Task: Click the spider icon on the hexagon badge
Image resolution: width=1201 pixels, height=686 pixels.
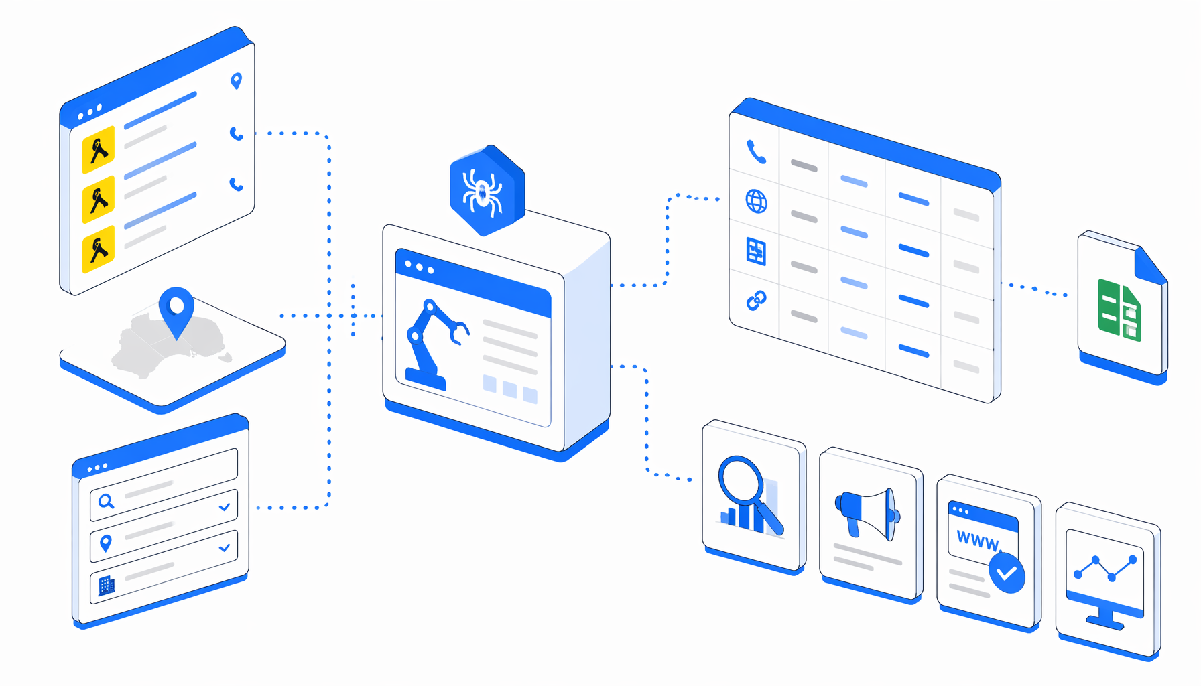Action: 483,193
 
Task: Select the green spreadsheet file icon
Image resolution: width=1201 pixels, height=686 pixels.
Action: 1119,311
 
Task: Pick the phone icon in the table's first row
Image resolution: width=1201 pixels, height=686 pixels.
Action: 756,152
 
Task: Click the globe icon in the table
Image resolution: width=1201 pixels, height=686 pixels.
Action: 757,201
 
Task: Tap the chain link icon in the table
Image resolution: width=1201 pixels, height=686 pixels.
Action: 757,301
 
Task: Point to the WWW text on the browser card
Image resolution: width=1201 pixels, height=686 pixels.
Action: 978,541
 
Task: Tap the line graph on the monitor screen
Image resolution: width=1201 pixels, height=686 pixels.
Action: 1105,568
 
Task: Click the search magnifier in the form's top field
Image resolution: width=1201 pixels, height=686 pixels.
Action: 106,501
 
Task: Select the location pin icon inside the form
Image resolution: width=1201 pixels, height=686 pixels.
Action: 105,543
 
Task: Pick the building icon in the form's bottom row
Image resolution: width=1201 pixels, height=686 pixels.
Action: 107,586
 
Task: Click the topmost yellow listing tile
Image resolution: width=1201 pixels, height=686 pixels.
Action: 99,148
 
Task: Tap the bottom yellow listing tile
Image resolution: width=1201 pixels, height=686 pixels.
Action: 99,249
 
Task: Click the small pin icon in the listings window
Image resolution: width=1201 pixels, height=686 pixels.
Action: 236,81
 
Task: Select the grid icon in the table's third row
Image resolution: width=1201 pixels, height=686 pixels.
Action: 756,251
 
